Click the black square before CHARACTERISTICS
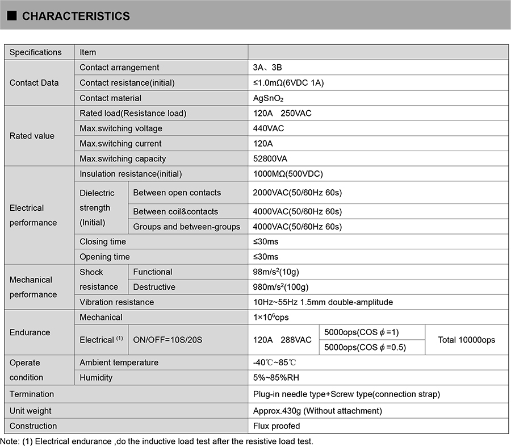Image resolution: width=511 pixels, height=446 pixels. coord(12,16)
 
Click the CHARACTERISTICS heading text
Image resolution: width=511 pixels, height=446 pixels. coord(76,16)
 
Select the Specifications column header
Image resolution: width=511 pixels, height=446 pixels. coord(36,52)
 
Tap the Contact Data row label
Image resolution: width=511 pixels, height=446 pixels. coord(34,82)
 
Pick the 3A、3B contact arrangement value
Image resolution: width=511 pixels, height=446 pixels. coord(267,68)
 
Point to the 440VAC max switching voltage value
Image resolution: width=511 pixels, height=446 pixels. coord(269,128)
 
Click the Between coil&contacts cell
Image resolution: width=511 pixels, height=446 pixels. coord(175,211)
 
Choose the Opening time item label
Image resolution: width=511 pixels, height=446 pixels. coord(104,257)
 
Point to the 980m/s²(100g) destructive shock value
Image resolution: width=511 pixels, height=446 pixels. coord(280,287)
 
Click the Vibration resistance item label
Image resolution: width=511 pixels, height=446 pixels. coord(116,302)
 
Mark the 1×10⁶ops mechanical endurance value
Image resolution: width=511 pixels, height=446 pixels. coord(271,317)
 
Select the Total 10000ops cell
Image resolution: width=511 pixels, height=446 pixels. coord(466,340)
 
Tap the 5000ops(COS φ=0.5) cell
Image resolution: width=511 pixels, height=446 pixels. coord(365,347)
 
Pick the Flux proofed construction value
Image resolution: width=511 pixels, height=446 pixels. coord(277,426)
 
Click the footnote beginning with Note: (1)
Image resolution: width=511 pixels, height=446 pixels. coord(157,441)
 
